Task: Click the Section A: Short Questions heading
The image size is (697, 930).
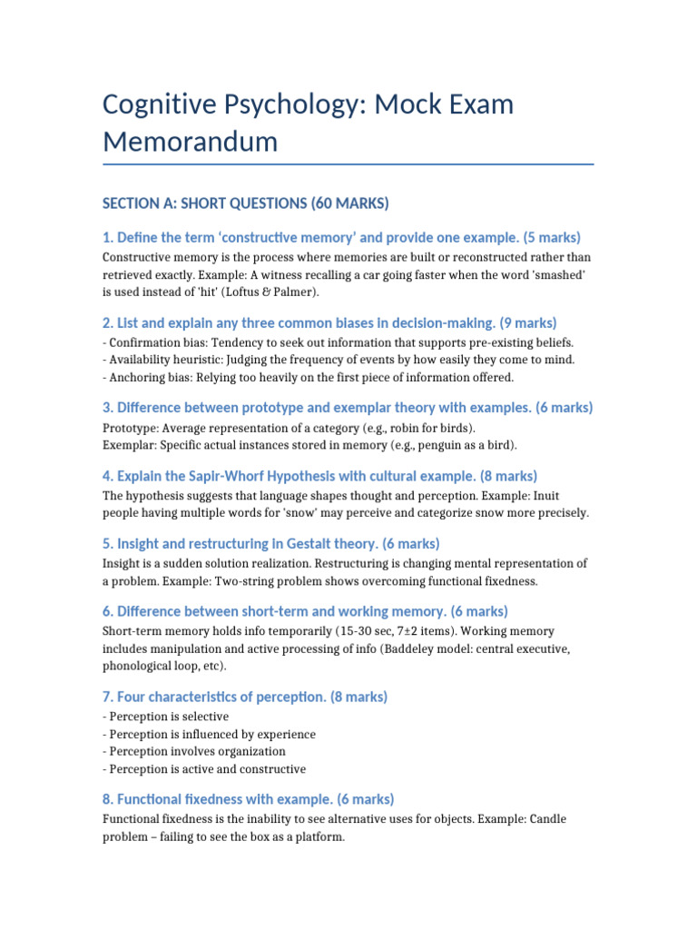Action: click(246, 203)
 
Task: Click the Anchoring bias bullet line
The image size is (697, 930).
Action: click(308, 377)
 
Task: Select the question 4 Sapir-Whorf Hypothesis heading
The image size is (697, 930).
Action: click(319, 476)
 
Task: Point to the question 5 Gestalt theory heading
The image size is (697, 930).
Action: click(270, 544)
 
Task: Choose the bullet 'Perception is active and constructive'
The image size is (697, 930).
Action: click(204, 768)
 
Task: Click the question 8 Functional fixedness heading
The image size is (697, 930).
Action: click(248, 799)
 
